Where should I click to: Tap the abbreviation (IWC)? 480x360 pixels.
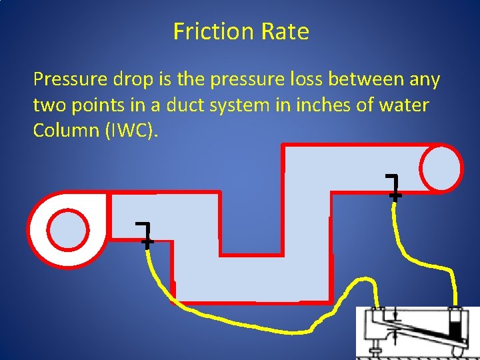[x=132, y=131]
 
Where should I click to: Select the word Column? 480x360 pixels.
[x=65, y=130]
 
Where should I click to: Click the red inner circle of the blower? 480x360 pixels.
[x=69, y=229]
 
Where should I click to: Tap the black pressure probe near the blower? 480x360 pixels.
[x=145, y=233]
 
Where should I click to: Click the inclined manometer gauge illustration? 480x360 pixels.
[x=417, y=331]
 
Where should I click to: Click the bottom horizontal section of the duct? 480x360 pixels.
[x=253, y=280]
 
